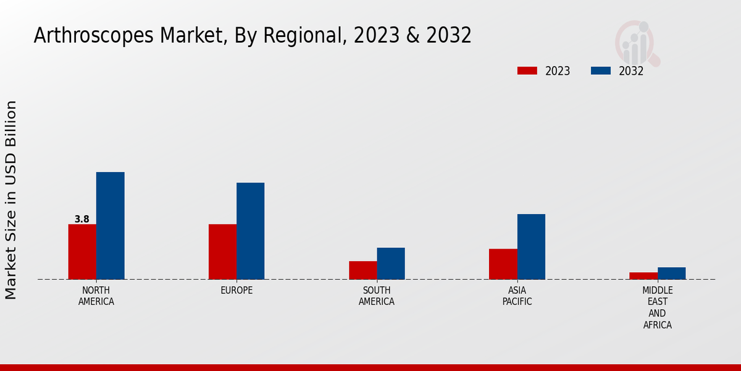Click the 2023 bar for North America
[82, 252]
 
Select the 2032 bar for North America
[110, 226]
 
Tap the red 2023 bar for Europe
[222, 252]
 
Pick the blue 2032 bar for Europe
[250, 231]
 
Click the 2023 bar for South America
[362, 270]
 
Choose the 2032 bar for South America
[391, 263]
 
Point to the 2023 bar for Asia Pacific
[503, 264]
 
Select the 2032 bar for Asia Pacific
[531, 247]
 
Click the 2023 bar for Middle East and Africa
[643, 276]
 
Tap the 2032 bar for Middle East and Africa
[671, 273]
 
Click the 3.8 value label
[82, 219]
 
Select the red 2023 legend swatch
[527, 70]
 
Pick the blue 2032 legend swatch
[600, 70]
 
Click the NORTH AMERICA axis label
[96, 296]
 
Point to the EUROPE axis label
[237, 290]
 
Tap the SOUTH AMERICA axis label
[377, 296]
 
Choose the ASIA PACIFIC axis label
[517, 296]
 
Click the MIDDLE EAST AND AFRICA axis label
[657, 307]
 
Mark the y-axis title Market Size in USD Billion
[11, 200]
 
